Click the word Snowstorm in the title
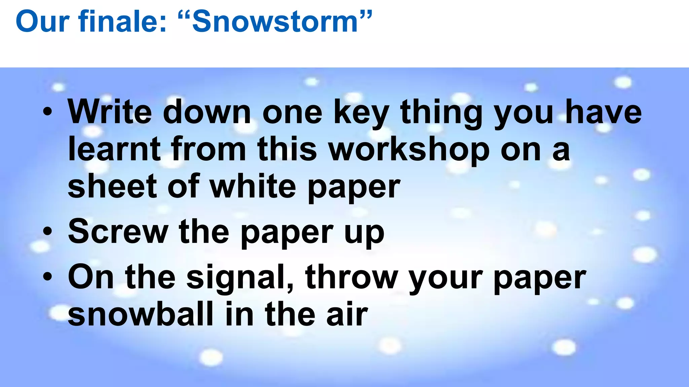point(274,22)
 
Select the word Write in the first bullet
point(110,112)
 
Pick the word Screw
point(118,232)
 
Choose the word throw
point(351,277)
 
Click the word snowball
point(141,314)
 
